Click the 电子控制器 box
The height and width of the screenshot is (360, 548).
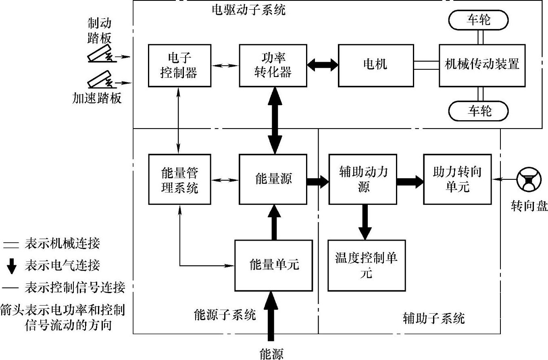[x=179, y=65]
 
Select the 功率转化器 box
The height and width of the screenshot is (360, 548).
[x=273, y=65]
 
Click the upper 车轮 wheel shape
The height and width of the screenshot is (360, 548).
[x=479, y=20]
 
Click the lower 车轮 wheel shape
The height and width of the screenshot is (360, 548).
[x=479, y=110]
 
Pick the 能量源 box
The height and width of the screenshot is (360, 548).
[x=273, y=179]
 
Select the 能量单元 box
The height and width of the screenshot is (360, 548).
[x=274, y=265]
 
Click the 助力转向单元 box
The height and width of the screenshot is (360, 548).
[x=457, y=179]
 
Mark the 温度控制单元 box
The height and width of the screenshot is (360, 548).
[x=366, y=265]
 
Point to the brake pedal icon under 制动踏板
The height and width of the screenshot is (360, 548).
[x=101, y=55]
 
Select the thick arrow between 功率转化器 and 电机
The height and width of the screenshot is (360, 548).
[x=322, y=64]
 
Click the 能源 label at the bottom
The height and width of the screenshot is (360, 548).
[x=271, y=353]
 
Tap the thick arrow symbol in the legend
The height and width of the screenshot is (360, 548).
[x=13, y=265]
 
